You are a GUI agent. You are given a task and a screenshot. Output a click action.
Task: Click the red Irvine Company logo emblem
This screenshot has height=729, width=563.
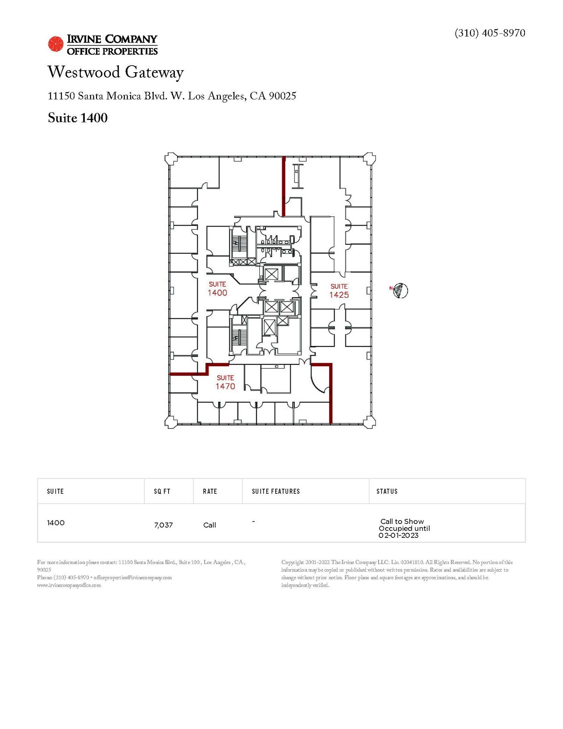coord(56,44)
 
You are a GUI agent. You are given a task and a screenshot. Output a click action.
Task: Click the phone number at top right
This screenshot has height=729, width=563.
coord(489,33)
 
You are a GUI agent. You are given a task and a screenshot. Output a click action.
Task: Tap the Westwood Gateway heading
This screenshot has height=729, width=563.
coord(116,72)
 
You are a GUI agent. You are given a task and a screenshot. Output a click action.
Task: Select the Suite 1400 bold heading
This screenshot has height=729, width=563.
coord(78,118)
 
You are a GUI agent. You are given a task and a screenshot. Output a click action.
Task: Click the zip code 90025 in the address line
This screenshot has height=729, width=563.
coord(282,96)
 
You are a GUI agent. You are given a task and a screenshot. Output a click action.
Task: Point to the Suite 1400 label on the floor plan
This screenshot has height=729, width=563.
coord(217,289)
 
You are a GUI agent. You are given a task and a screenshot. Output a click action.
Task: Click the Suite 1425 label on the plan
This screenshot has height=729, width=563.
coord(339,291)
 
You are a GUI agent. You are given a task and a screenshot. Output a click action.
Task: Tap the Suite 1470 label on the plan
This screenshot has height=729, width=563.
coord(225,382)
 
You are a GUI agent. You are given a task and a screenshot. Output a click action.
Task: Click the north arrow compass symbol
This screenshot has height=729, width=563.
coord(401,290)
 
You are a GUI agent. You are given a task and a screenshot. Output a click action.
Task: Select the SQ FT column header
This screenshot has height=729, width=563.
coord(162,491)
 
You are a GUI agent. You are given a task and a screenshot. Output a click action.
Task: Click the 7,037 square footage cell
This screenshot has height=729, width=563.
coord(164,525)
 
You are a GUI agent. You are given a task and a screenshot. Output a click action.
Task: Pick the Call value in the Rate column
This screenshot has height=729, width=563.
coord(209,525)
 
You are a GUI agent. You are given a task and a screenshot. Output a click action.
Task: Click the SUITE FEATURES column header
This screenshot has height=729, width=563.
coord(276,491)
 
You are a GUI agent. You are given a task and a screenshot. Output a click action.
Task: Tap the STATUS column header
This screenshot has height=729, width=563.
coord(387,491)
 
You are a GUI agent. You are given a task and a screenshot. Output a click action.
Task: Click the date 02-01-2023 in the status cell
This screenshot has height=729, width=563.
coord(398,535)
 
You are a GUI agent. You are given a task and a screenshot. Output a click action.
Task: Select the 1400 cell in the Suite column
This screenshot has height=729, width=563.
coord(56,523)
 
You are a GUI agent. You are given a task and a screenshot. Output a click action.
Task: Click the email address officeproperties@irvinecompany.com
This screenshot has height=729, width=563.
coord(133,577)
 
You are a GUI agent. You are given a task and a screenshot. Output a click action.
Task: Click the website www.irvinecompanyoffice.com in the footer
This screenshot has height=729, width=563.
coord(69,585)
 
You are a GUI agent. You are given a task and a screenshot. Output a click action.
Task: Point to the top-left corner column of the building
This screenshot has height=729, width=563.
coord(171,158)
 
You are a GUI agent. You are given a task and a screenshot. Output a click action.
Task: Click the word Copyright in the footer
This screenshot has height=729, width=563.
coord(292,562)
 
